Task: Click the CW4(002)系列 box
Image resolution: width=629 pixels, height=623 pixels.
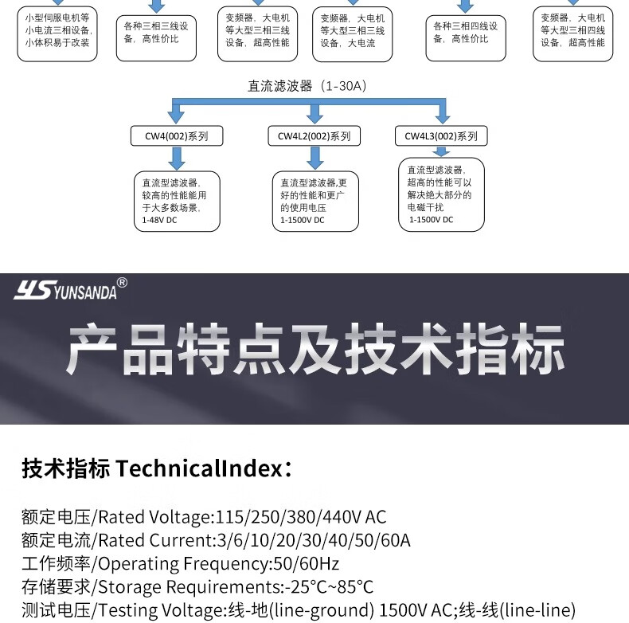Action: tap(176, 136)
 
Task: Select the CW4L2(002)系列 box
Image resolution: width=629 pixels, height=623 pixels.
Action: tap(314, 136)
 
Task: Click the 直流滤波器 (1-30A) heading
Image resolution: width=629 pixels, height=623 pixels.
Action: tap(307, 86)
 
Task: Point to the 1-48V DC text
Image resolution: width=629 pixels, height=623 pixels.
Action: tap(159, 219)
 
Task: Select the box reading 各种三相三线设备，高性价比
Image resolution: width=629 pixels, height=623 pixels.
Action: tap(156, 33)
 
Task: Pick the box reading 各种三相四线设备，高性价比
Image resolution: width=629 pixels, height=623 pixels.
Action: tap(466, 33)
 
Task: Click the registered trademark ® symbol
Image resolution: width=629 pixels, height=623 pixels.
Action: tap(122, 282)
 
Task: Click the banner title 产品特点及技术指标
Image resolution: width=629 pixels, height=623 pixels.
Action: tap(315, 350)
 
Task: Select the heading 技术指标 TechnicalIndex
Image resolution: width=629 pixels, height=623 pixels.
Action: tap(156, 468)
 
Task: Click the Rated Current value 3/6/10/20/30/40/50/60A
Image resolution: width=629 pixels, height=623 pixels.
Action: tap(314, 540)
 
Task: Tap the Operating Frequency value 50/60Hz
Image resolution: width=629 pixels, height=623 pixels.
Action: tap(307, 564)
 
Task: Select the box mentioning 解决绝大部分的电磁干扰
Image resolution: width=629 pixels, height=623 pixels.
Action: tap(441, 194)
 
